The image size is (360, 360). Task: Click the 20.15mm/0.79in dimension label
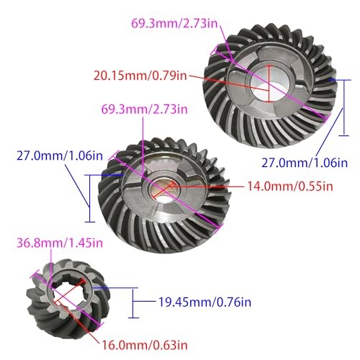(x=140, y=76)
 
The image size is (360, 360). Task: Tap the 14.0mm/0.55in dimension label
(x=290, y=186)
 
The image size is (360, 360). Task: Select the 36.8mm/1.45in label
(x=60, y=243)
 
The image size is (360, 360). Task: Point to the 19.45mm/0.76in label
(x=204, y=302)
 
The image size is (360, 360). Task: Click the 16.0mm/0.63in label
(x=145, y=345)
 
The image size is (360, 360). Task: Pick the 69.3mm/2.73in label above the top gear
(x=174, y=24)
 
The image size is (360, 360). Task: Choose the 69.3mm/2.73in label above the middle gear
(x=144, y=109)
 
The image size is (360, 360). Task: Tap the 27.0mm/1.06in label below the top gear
(x=305, y=163)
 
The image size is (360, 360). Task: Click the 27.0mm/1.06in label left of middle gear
(x=60, y=156)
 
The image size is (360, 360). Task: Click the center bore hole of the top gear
(x=269, y=84)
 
